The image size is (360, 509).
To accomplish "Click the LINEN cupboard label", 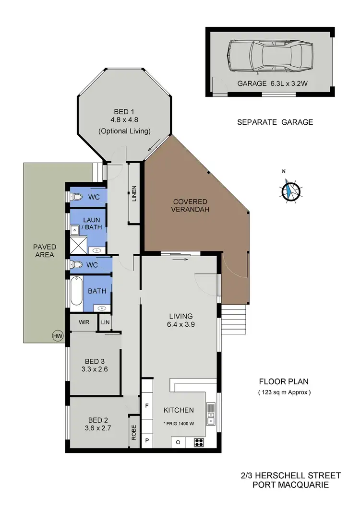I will tap(134, 194).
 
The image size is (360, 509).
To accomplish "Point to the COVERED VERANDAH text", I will tap(191, 205).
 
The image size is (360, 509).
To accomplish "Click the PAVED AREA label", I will tap(44, 250).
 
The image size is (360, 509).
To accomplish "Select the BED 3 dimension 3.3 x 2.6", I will tap(95, 370).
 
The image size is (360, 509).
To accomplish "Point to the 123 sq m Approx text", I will tap(283, 392).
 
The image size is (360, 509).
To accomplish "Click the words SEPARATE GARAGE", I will tap(275, 122).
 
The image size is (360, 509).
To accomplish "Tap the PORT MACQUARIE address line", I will tap(290, 485).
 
